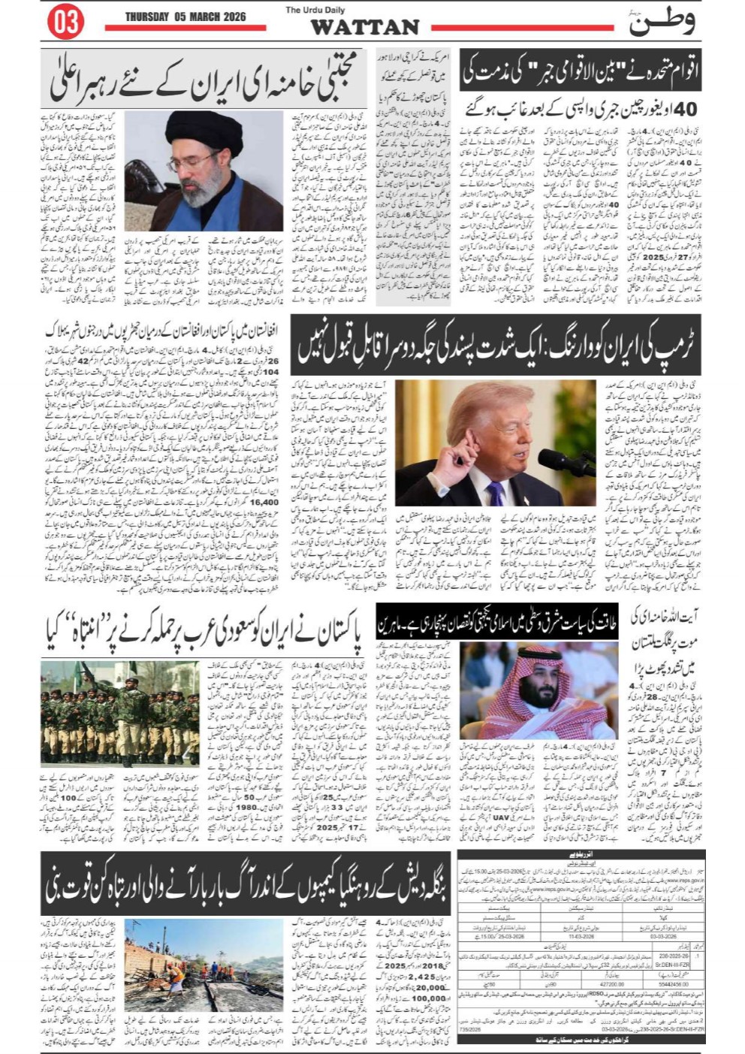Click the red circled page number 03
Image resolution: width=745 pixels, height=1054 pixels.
pyautogui.click(x=66, y=23)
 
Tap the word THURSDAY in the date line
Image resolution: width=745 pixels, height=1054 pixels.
pyautogui.click(x=147, y=17)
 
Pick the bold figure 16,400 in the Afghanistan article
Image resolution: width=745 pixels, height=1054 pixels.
pyautogui.click(x=264, y=503)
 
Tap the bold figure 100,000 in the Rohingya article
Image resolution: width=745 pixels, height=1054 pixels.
pyautogui.click(x=428, y=999)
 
